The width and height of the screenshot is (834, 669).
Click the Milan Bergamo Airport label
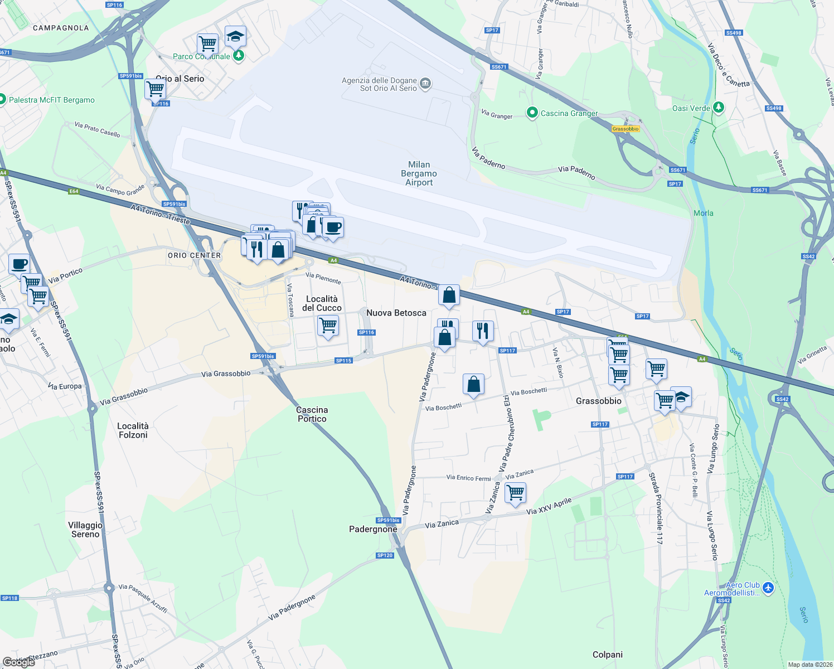tap(419, 173)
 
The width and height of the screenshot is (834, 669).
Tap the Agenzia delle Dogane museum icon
tap(425, 84)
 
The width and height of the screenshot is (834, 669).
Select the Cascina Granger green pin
tap(532, 113)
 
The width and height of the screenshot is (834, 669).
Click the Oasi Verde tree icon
tap(719, 107)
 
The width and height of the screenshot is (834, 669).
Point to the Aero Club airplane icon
tap(768, 588)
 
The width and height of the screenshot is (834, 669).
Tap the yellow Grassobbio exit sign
tap(625, 129)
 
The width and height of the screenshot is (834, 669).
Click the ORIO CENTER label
tap(194, 255)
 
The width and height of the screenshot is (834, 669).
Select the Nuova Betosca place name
tap(396, 313)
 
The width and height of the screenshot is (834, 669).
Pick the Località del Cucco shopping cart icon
tap(328, 325)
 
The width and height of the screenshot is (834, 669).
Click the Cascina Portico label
tap(312, 414)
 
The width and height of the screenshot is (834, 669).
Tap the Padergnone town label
tap(373, 529)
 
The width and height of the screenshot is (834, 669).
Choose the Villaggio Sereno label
tap(85, 530)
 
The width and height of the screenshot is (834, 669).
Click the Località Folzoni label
tap(133, 430)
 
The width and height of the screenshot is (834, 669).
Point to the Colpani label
tap(607, 655)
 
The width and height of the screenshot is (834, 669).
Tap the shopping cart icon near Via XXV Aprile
tap(515, 493)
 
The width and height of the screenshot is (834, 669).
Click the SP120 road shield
tap(385, 555)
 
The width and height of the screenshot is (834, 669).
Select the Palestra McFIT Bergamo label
tap(52, 100)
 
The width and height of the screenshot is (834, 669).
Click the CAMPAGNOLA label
tap(61, 28)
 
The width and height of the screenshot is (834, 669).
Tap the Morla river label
tap(703, 213)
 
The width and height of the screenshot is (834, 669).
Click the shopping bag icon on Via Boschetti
tap(473, 385)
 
